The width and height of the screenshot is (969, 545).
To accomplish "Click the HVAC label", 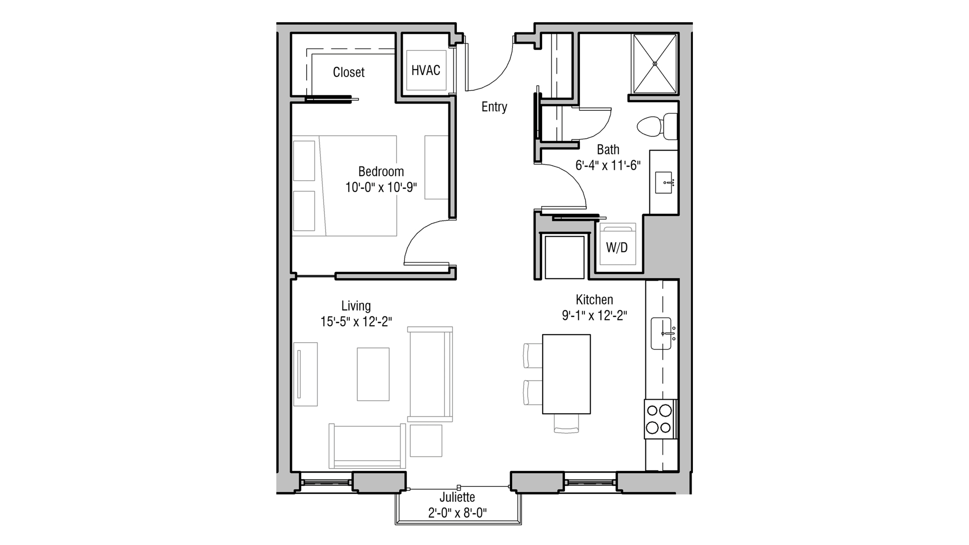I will point(425,71).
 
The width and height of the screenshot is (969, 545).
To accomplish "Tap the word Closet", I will point(348,73).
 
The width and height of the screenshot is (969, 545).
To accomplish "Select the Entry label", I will point(494,107).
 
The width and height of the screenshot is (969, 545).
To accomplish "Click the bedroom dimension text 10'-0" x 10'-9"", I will point(381,188).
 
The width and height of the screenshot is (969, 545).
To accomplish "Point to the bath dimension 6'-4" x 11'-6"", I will point(608,166).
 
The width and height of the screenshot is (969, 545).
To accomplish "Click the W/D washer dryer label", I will point(617,248).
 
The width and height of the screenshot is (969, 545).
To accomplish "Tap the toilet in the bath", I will point(654,126).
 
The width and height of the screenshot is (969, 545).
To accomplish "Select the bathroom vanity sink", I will point(664,182).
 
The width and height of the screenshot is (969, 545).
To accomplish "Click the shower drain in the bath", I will point(655,63).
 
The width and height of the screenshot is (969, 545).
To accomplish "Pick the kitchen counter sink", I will point(661,333).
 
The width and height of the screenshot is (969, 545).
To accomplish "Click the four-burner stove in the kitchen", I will point(659,419).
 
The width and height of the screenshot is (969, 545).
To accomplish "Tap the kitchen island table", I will point(566,374).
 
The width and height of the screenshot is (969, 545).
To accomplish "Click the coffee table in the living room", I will point(373,374).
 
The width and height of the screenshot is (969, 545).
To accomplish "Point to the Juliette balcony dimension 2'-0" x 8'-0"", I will point(457,513).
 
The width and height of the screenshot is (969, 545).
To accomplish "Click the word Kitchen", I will point(594,300).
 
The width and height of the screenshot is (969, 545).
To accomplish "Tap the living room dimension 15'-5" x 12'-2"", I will point(356,322).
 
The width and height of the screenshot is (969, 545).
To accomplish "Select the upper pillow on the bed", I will point(304,161).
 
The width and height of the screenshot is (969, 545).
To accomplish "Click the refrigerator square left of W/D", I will point(564,257).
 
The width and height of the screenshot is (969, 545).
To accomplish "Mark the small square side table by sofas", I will point(426,440).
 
